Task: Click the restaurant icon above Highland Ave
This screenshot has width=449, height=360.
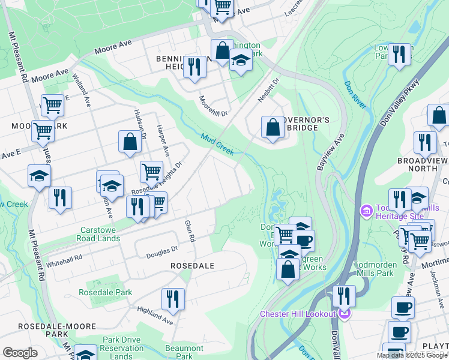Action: [x=173, y=299]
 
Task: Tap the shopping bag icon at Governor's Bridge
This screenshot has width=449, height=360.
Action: [x=273, y=127]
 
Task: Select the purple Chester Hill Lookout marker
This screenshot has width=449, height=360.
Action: [x=343, y=314]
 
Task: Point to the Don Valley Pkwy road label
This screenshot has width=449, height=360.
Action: [x=400, y=103]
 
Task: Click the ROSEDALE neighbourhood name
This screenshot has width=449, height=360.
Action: [x=192, y=265]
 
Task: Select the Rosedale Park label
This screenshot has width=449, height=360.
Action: [x=105, y=293]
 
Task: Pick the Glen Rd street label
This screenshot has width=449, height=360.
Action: [x=190, y=230]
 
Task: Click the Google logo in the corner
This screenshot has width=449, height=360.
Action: [x=20, y=353]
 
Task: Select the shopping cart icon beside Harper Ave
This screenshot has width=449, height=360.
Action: [x=151, y=172]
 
